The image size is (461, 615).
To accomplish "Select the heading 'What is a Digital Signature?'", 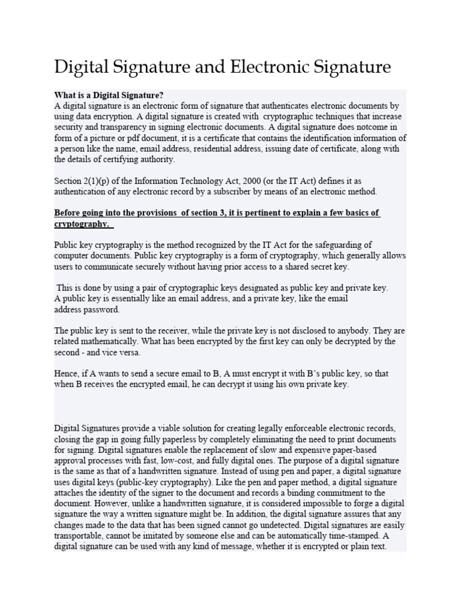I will click(109, 95).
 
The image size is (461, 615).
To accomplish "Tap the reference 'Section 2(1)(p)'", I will click(83, 181).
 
